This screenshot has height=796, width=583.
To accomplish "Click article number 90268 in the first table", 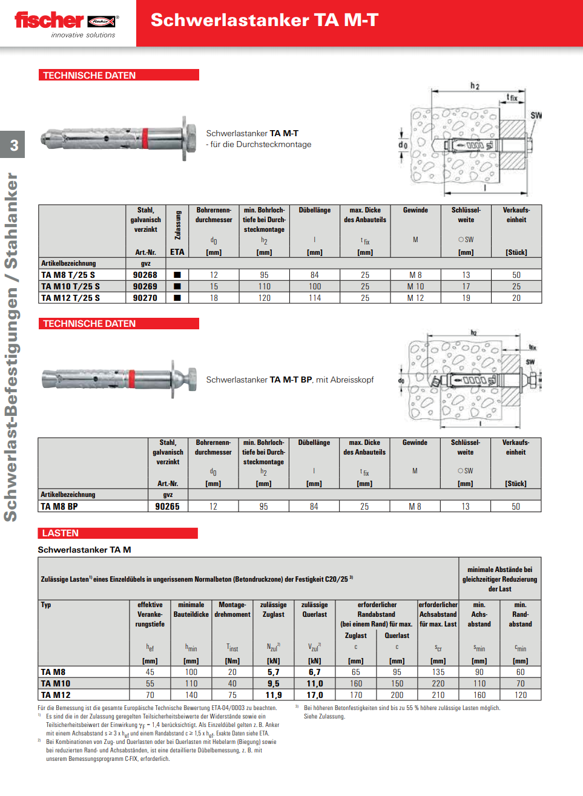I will [x=145, y=275].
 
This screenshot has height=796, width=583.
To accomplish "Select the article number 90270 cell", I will [x=145, y=298].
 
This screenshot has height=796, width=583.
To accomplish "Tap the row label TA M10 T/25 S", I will [x=70, y=286].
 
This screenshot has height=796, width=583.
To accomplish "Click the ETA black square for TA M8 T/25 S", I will [x=177, y=275].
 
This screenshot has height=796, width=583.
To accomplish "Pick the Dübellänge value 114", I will [x=315, y=298].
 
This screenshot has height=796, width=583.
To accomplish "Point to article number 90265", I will [x=167, y=507].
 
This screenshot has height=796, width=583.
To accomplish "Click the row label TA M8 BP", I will [x=59, y=507].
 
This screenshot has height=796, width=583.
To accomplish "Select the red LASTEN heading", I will [x=61, y=533].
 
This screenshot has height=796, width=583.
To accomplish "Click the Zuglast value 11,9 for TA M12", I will [x=274, y=695].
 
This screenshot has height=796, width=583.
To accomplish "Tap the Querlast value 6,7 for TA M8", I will [x=315, y=672].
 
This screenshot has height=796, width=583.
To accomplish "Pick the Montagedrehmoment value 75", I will [x=232, y=695].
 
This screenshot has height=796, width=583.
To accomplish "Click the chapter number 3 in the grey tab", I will [x=14, y=145].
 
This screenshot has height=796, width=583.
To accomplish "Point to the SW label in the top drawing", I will [x=536, y=116].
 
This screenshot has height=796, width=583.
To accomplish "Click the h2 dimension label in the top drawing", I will [x=475, y=86].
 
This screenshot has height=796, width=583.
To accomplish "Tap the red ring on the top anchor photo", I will [x=145, y=139].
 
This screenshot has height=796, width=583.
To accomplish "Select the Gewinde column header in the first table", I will [x=415, y=210].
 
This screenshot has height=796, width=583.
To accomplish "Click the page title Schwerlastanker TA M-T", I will [x=265, y=20].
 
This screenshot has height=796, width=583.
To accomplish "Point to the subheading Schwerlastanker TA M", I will [x=84, y=550].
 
